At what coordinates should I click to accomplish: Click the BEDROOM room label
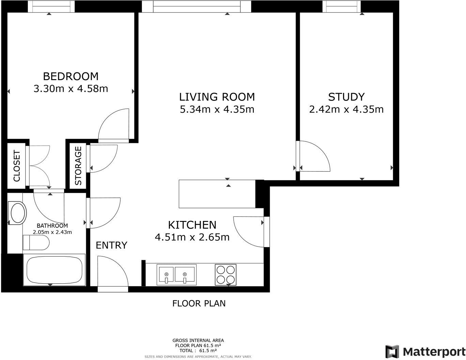pyautogui.click(x=71, y=76)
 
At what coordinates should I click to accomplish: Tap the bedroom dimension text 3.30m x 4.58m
pyautogui.click(x=71, y=89)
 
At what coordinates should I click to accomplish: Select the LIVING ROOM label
pyautogui.click(x=217, y=97)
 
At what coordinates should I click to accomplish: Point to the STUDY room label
pyautogui.click(x=346, y=97)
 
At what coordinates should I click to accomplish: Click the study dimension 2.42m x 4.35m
pyautogui.click(x=346, y=109)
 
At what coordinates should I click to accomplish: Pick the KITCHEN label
pyautogui.click(x=192, y=225)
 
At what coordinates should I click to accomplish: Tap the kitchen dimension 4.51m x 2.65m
pyautogui.click(x=192, y=237)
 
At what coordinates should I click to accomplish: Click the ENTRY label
pyautogui.click(x=111, y=245)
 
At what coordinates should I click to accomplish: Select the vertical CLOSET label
pyautogui.click(x=17, y=166)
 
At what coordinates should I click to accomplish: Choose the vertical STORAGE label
pyautogui.click(x=78, y=166)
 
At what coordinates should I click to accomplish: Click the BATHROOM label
pyautogui.click(x=52, y=226)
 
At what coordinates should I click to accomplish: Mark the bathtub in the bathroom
pyautogui.click(x=54, y=270)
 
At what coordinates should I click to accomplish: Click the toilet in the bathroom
pyautogui.click(x=36, y=243)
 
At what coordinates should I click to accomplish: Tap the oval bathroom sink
pyautogui.click(x=18, y=213)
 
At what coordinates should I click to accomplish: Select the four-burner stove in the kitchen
pyautogui.click(x=226, y=275)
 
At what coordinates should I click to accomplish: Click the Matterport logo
pyautogui.click(x=425, y=351)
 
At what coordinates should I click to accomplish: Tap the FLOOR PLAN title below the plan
pyautogui.click(x=199, y=303)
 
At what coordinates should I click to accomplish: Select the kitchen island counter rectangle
pyautogui.click(x=217, y=194)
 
